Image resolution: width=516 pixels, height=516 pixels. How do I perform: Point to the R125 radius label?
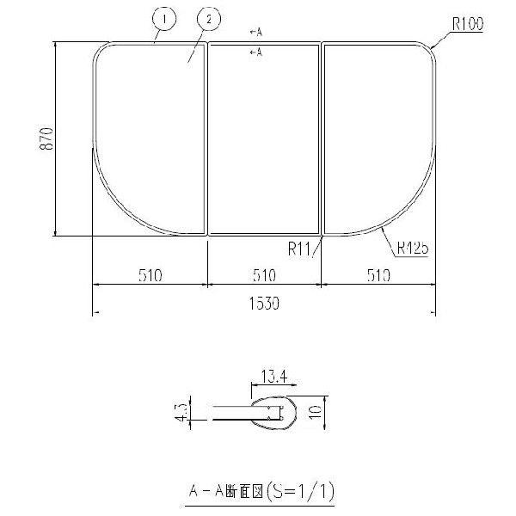point(413,249)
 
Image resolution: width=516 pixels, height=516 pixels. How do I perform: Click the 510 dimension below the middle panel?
point(264,276)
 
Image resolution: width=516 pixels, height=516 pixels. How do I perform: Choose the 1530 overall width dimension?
point(264,304)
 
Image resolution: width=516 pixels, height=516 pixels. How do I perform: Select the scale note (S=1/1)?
point(301,492)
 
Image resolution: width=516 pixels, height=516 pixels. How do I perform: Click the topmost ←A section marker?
point(255,33)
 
